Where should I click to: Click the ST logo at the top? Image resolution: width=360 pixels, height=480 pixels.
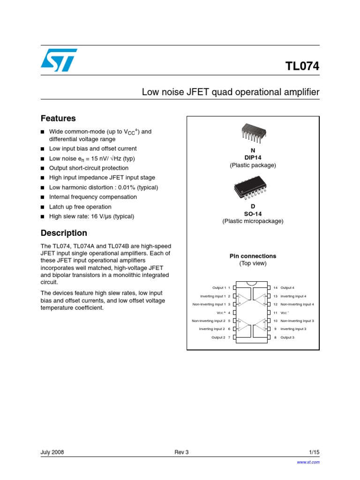coord(59,60)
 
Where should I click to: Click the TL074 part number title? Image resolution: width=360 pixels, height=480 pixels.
coord(302,67)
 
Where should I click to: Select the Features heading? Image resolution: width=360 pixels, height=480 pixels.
coord(58,119)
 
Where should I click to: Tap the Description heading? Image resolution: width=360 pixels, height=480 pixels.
coord(64,233)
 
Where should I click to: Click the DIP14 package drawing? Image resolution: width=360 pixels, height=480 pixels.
coord(253,133)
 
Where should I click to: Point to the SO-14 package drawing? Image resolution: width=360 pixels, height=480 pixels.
coord(253,189)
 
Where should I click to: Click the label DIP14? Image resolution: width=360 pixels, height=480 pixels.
coord(253,158)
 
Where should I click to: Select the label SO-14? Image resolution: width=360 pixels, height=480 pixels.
coord(253,214)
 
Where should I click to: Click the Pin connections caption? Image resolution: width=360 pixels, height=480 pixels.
coord(253,256)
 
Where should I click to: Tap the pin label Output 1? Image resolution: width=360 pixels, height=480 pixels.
coord(219,287)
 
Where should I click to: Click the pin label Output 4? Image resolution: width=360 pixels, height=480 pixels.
coord(287,287)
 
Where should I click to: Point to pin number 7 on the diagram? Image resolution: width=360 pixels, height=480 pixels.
coord(229,337)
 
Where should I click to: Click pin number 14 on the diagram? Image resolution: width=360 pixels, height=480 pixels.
coord(276,287)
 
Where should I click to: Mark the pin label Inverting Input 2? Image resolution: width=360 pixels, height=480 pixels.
coord(212,329)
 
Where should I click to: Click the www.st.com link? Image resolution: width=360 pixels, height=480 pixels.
coord(308,462)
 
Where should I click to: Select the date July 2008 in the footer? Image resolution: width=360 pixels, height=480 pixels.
coord(52,452)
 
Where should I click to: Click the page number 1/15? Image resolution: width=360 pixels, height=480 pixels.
coord(314,452)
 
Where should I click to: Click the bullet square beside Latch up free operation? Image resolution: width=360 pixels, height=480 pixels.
coord(42,207)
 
